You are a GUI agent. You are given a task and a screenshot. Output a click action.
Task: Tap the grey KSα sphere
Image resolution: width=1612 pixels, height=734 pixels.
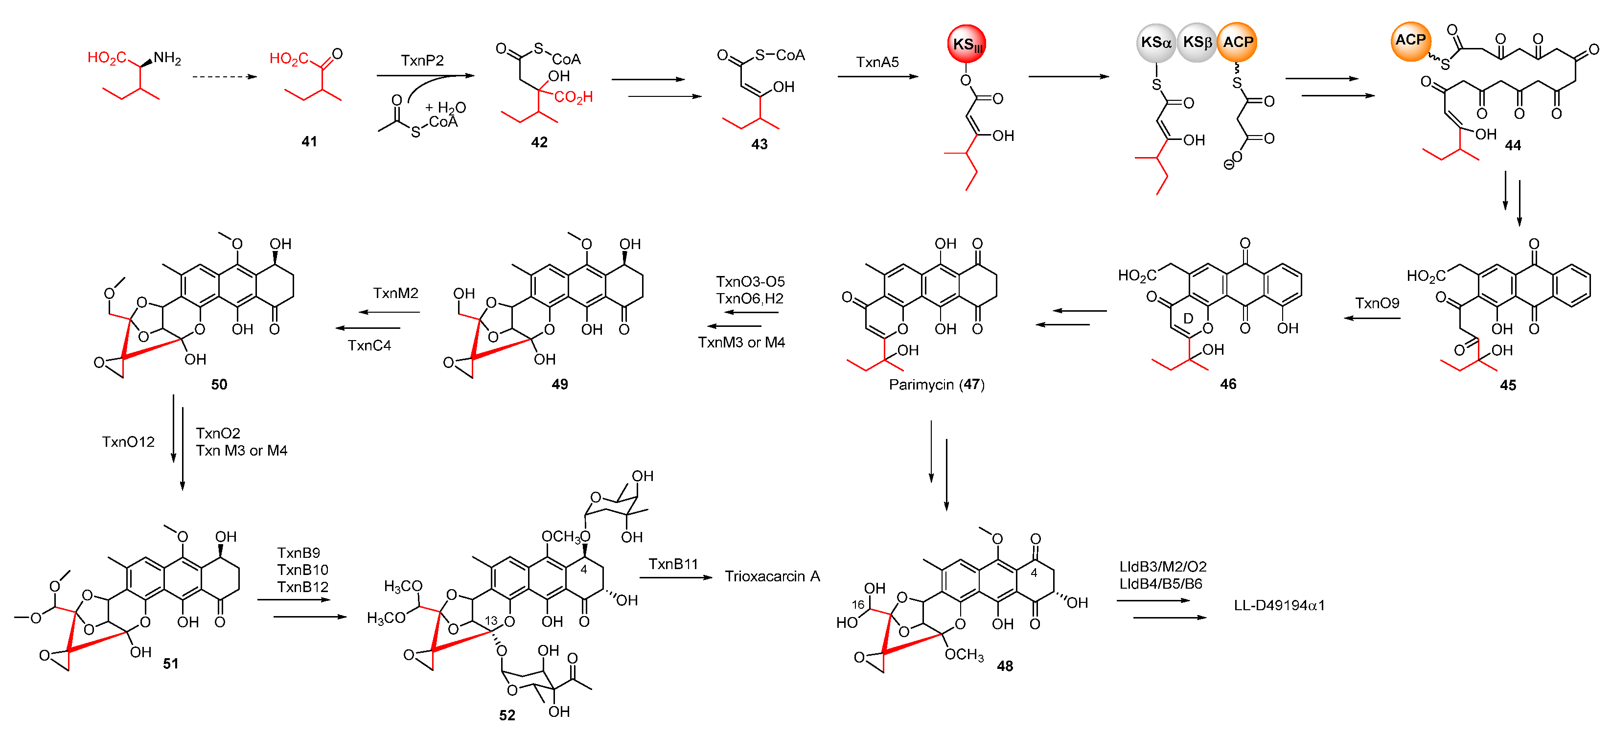tap(1156, 43)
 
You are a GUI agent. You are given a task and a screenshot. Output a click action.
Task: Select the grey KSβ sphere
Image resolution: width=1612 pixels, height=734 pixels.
tap(1197, 43)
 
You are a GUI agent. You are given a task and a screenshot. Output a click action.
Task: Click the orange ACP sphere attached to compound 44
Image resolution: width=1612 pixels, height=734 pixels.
tap(1410, 41)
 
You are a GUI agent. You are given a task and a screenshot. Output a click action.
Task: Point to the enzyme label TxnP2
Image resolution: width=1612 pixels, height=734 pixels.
tap(422, 60)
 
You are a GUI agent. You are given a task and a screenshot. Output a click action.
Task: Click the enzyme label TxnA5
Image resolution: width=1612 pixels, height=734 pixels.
tap(877, 62)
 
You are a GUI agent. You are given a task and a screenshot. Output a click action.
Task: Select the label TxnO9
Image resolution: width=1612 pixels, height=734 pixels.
tap(1377, 303)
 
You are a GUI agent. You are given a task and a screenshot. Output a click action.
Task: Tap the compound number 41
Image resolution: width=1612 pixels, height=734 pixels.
tap(309, 141)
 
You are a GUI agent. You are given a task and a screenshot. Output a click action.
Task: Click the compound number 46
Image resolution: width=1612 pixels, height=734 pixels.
tap(1228, 384)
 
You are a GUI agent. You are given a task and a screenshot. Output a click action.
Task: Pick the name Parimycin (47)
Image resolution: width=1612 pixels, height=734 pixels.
tap(936, 384)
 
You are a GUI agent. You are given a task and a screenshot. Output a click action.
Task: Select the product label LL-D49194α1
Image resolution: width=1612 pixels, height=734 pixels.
tap(1279, 605)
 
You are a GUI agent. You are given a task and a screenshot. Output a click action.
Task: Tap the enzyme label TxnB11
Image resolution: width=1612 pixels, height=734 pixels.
tap(673, 564)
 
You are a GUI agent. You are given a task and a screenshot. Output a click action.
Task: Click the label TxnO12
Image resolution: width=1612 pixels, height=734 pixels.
tap(128, 442)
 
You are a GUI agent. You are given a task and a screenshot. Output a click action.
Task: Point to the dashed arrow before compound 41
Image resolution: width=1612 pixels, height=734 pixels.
tap(224, 76)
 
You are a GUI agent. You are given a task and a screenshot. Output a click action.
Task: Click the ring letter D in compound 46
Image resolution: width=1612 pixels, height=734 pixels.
tap(1188, 319)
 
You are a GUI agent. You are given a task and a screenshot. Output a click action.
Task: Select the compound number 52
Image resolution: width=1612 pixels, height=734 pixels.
tap(507, 714)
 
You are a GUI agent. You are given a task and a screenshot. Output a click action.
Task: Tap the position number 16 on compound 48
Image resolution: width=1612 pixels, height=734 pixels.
tap(858, 604)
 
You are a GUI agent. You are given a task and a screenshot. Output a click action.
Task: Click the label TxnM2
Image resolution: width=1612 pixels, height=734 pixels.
tap(395, 293)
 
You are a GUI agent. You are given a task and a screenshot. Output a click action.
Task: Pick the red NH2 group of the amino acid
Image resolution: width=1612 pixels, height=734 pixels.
tap(167, 58)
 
